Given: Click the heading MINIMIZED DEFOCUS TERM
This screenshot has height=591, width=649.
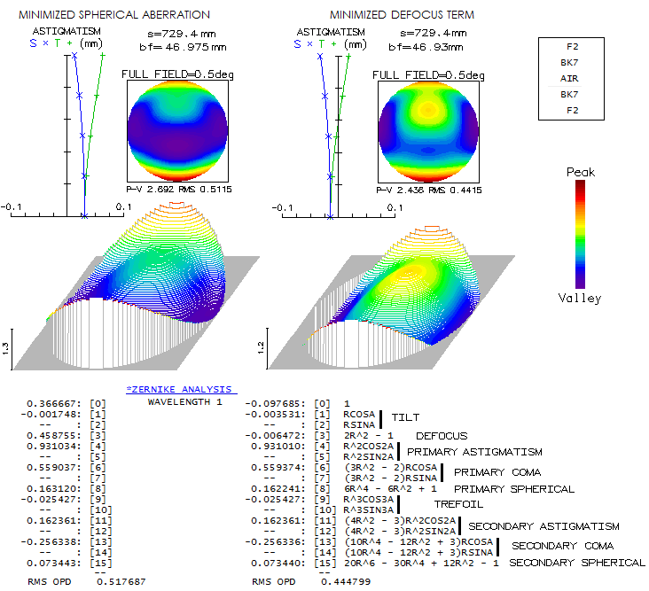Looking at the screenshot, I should coord(401,15).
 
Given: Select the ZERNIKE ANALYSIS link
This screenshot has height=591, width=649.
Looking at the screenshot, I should coord(180,389).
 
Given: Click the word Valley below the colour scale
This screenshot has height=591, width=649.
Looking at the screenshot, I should coord(580,298).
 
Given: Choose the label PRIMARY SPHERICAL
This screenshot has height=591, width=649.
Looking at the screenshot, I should coord(514,488).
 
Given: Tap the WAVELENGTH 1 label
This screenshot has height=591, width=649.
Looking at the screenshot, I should coord(184,402).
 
